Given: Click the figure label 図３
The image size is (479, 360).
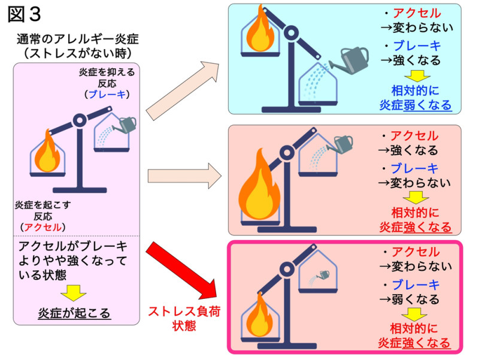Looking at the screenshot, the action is (24, 14).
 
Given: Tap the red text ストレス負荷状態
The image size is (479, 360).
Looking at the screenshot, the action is (184, 319).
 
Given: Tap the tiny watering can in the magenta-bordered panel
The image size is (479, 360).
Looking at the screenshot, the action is (320, 276).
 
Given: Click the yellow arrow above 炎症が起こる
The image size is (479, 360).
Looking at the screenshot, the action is (73, 293).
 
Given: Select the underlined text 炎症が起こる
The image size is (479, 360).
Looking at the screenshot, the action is (74, 313).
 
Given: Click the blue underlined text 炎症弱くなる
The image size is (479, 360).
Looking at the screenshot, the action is (416, 105).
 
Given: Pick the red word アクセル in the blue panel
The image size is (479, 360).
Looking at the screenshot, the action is (417, 13).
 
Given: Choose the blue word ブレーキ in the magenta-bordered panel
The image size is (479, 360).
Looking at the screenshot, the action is (416, 285).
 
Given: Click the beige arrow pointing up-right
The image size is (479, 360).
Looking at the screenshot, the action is (183, 90).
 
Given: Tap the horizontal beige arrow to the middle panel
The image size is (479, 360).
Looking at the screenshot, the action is (184, 176).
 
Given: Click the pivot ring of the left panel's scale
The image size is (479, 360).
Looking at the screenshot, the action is (80, 120).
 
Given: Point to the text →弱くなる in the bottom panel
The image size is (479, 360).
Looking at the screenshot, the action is (410, 299).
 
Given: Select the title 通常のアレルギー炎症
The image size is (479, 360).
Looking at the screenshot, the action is (78, 39).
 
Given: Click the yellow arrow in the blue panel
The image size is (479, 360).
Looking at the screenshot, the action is (417, 76).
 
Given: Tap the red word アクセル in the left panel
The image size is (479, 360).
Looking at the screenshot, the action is (43, 227).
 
